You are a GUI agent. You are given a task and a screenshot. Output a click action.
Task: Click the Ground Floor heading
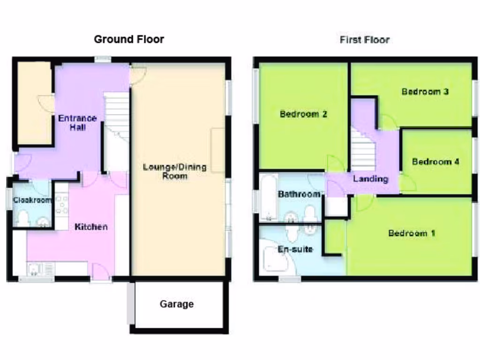click(129, 39)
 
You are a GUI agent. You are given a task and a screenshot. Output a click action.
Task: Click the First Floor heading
click(364, 40)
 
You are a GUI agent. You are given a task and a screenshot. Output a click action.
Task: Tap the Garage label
click(177, 304)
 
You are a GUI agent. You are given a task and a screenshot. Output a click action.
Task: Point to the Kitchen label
click(91, 227)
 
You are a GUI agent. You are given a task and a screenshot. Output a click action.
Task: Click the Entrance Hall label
click(77, 123)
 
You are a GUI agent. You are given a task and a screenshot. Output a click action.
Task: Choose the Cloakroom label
click(32, 200)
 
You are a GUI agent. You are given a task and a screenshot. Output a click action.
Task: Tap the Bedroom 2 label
click(303, 114)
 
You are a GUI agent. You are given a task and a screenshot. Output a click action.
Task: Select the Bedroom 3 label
click(425, 91)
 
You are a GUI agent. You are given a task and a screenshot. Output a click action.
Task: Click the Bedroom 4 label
click(435, 162)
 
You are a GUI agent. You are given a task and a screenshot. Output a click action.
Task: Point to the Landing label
click(370, 179)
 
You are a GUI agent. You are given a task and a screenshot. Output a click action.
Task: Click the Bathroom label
click(299, 194)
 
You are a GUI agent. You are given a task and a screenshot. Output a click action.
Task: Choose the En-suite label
click(295, 249)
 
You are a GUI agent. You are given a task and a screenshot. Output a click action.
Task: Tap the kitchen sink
click(35, 269)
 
